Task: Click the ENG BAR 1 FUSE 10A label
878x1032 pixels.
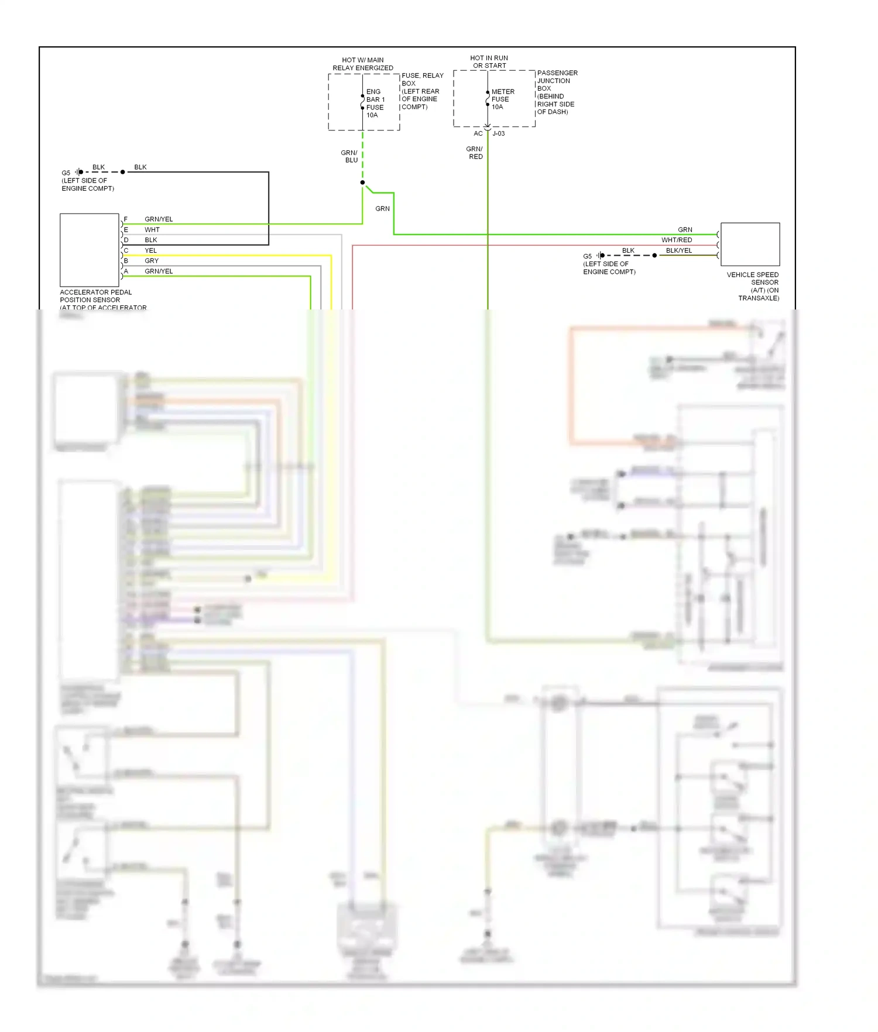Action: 375,104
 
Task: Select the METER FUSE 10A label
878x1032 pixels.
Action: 502,99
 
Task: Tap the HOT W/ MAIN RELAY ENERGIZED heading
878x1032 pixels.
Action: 363,64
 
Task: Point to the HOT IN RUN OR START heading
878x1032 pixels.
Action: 489,62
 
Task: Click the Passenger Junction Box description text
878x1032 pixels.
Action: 556,92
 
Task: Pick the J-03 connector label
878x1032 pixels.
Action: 499,134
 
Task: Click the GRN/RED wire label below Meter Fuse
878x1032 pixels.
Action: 475,153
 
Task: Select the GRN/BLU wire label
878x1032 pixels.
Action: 350,156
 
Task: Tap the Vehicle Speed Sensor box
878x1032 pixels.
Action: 750,244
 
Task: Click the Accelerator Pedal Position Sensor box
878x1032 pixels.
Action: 90,250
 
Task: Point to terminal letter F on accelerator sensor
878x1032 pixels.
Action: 126,219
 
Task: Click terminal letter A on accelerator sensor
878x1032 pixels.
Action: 126,271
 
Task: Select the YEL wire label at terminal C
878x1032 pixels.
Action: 151,250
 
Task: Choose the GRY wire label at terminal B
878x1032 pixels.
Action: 152,261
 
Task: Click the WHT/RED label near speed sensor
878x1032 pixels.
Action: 677,240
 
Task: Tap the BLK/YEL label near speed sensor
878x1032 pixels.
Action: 679,250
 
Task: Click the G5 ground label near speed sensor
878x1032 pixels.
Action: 587,256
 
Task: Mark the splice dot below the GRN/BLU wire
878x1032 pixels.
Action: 362,183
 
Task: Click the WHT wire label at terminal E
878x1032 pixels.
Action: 152,230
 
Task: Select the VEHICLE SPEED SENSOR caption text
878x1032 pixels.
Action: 753,286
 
